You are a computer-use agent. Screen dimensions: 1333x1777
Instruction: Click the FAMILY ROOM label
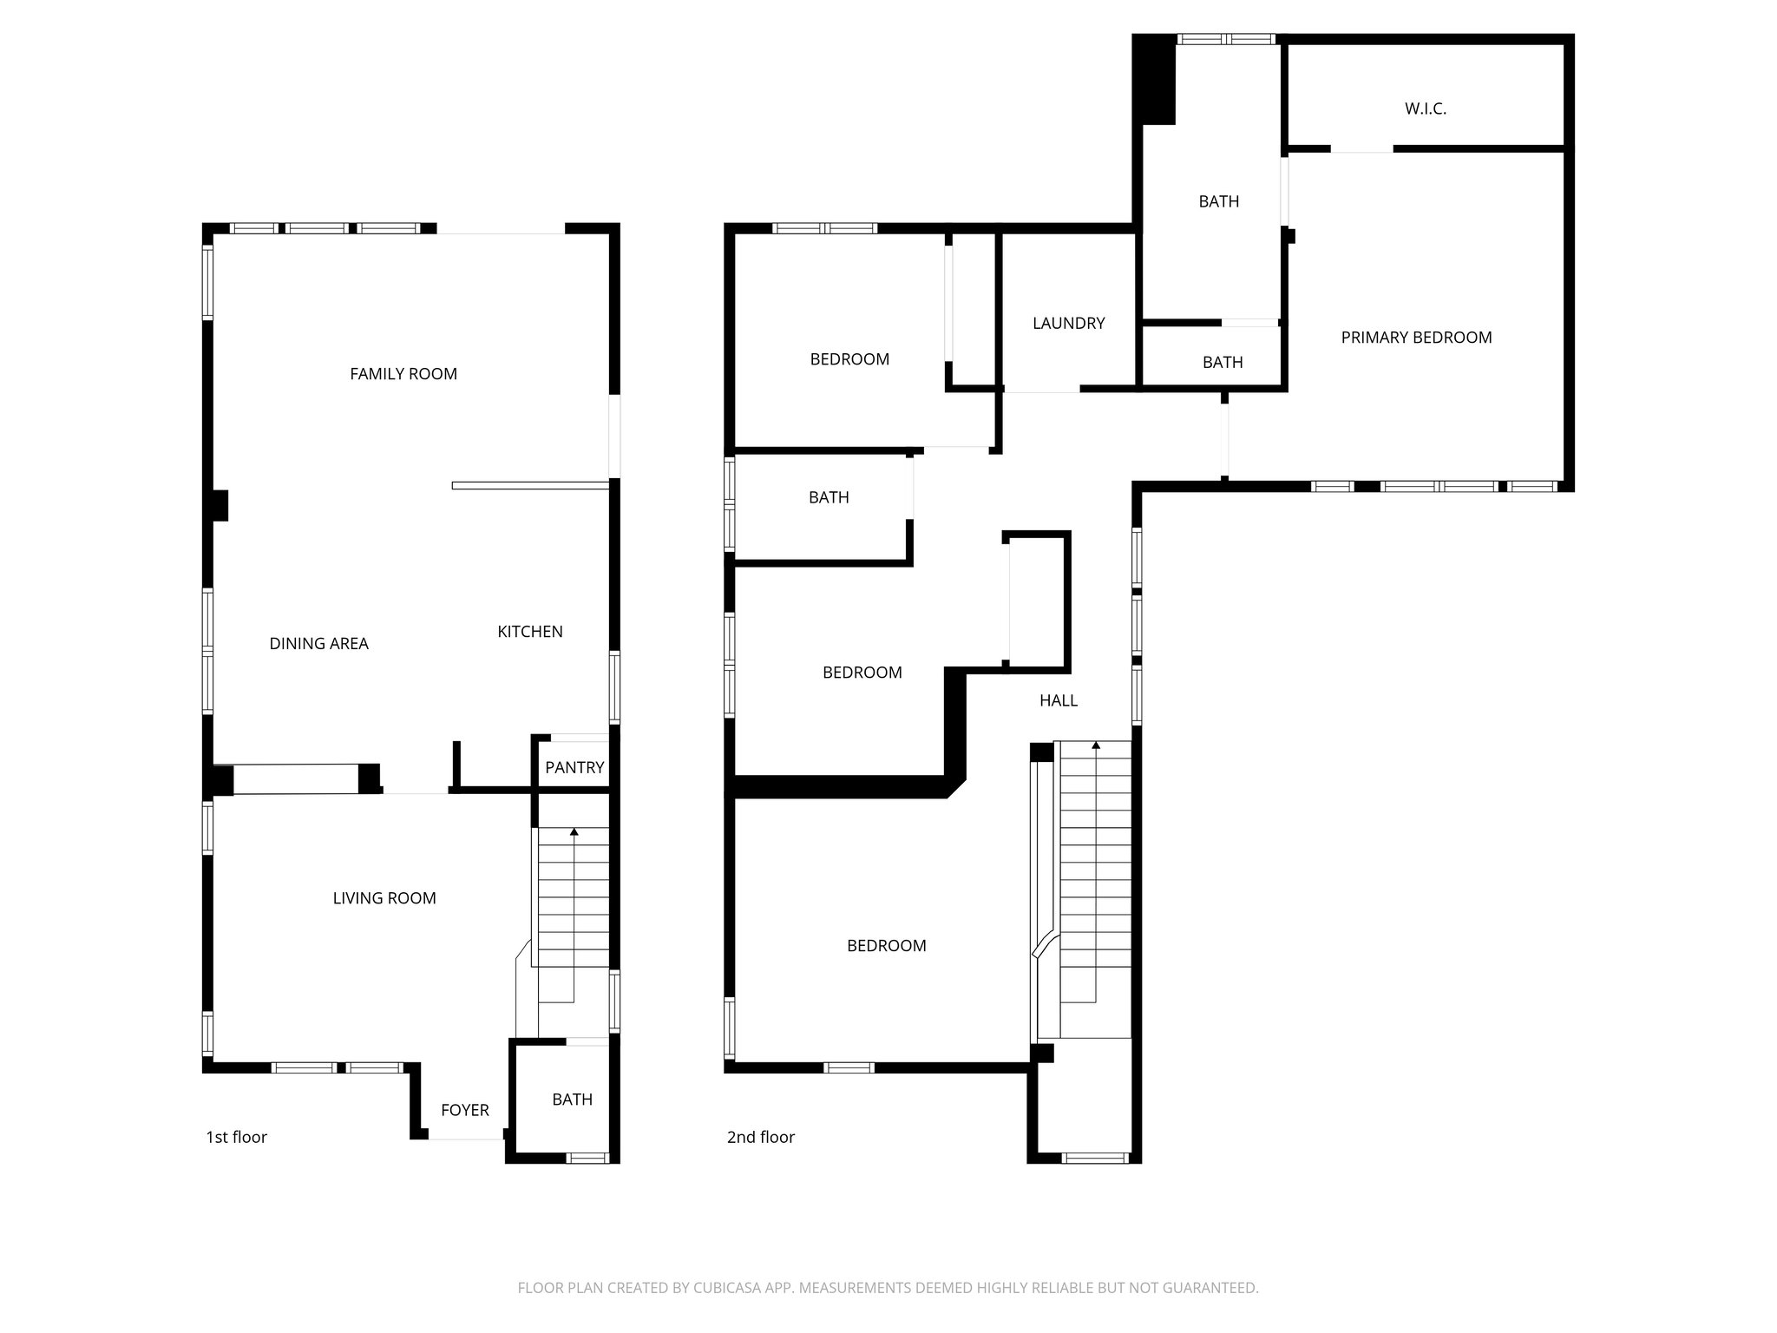click(x=403, y=374)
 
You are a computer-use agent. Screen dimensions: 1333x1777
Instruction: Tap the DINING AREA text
click(x=318, y=644)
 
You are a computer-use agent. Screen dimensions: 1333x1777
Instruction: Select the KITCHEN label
click(x=529, y=632)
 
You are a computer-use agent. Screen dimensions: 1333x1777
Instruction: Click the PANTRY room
click(x=574, y=767)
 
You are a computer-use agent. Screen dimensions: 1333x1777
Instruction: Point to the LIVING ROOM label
click(x=384, y=898)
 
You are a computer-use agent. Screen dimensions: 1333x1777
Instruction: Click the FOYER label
click(x=464, y=1110)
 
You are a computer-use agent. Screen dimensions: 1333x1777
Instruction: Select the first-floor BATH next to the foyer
click(x=572, y=1100)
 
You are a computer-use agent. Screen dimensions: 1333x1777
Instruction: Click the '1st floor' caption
click(x=236, y=1137)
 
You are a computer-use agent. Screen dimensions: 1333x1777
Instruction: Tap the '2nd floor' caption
click(x=760, y=1137)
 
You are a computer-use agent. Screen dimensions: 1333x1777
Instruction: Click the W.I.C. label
click(x=1425, y=109)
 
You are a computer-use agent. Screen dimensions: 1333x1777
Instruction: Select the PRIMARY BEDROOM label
click(x=1416, y=338)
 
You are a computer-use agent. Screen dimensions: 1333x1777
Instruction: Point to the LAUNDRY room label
click(x=1068, y=324)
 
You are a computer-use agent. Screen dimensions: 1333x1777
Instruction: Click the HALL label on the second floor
click(x=1058, y=700)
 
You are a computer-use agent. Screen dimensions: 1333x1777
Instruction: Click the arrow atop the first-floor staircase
click(x=574, y=832)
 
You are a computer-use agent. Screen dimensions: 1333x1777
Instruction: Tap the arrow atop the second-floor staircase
click(x=1096, y=745)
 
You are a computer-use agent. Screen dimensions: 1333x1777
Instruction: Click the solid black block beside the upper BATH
click(x=1157, y=82)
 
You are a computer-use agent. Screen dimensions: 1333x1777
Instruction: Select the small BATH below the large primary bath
click(x=1222, y=362)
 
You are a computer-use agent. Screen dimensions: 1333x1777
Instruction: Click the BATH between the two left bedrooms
click(x=828, y=497)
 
